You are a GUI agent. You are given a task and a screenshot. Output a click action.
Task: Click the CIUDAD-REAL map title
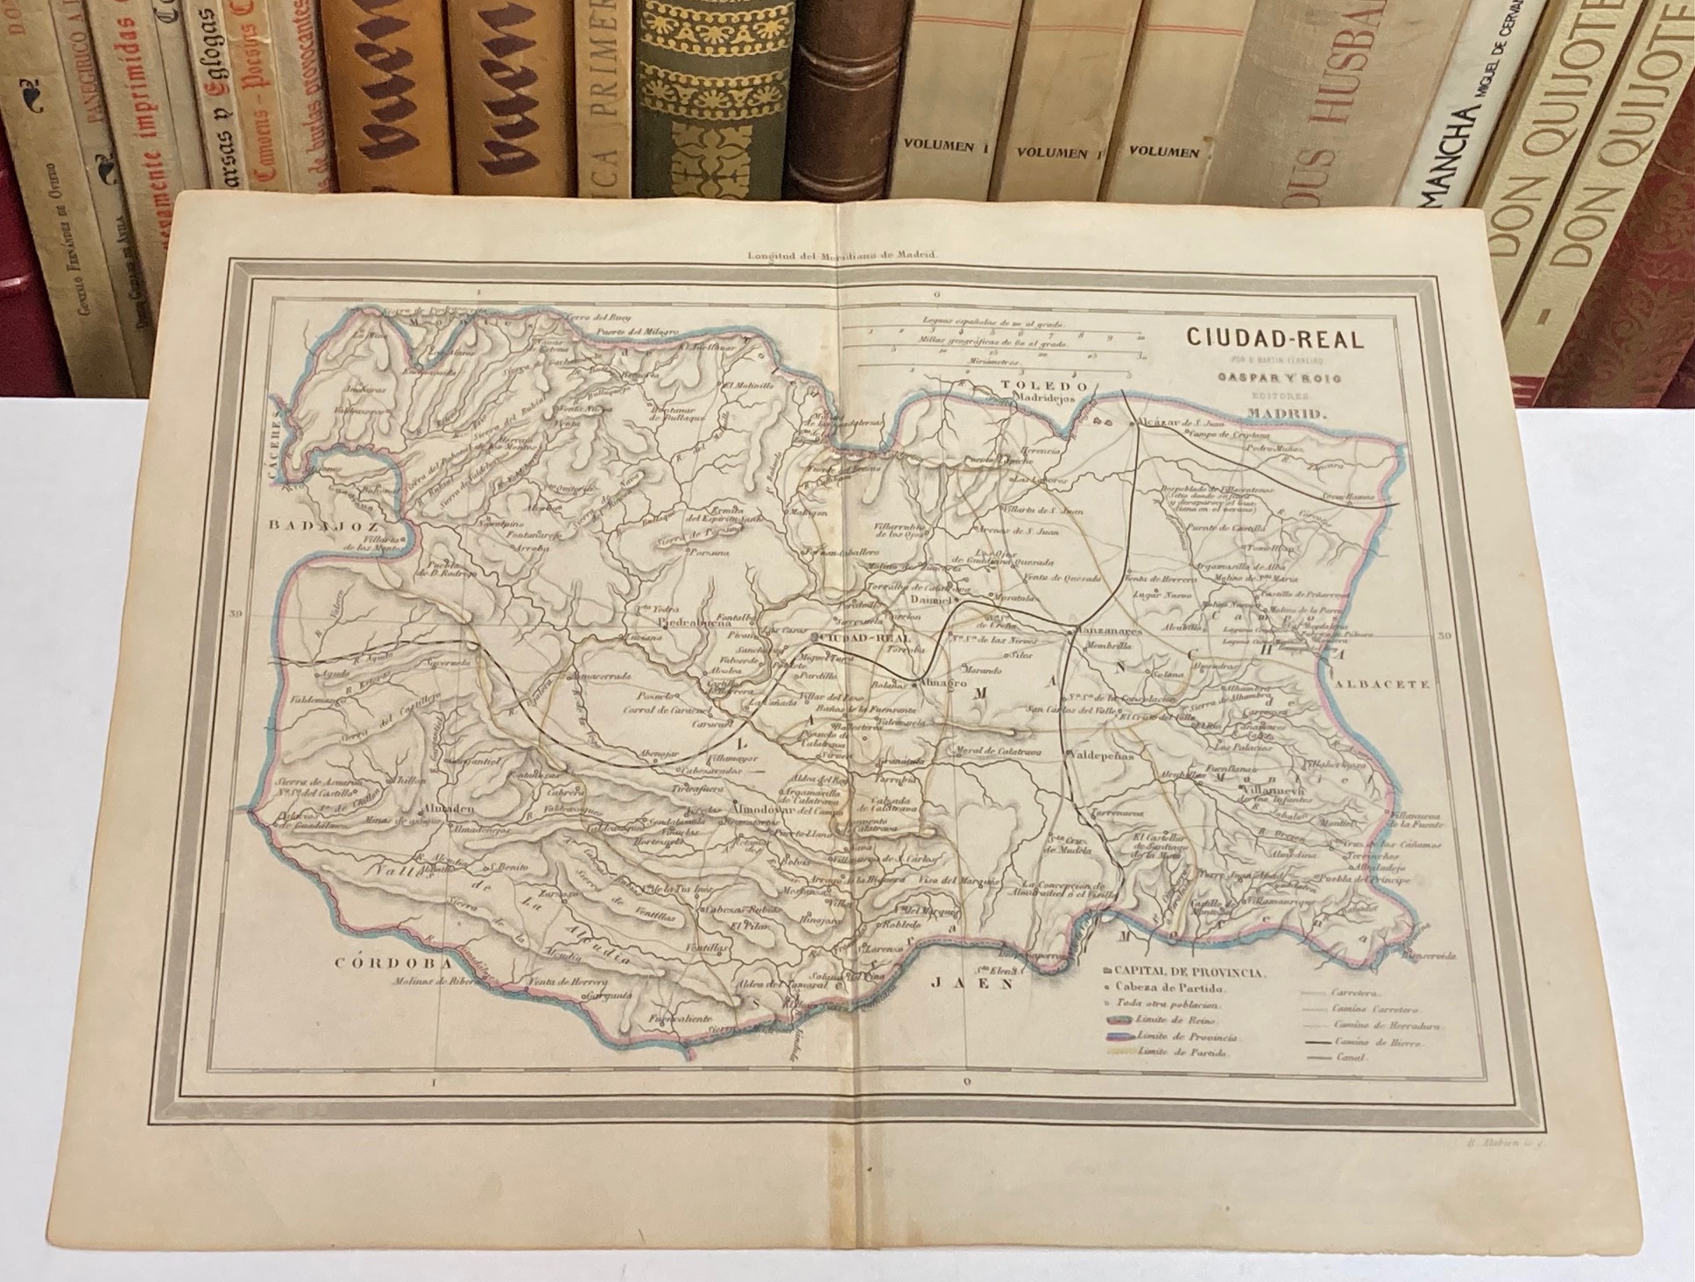click(1275, 339)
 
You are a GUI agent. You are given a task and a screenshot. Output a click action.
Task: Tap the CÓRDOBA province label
click(385, 962)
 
